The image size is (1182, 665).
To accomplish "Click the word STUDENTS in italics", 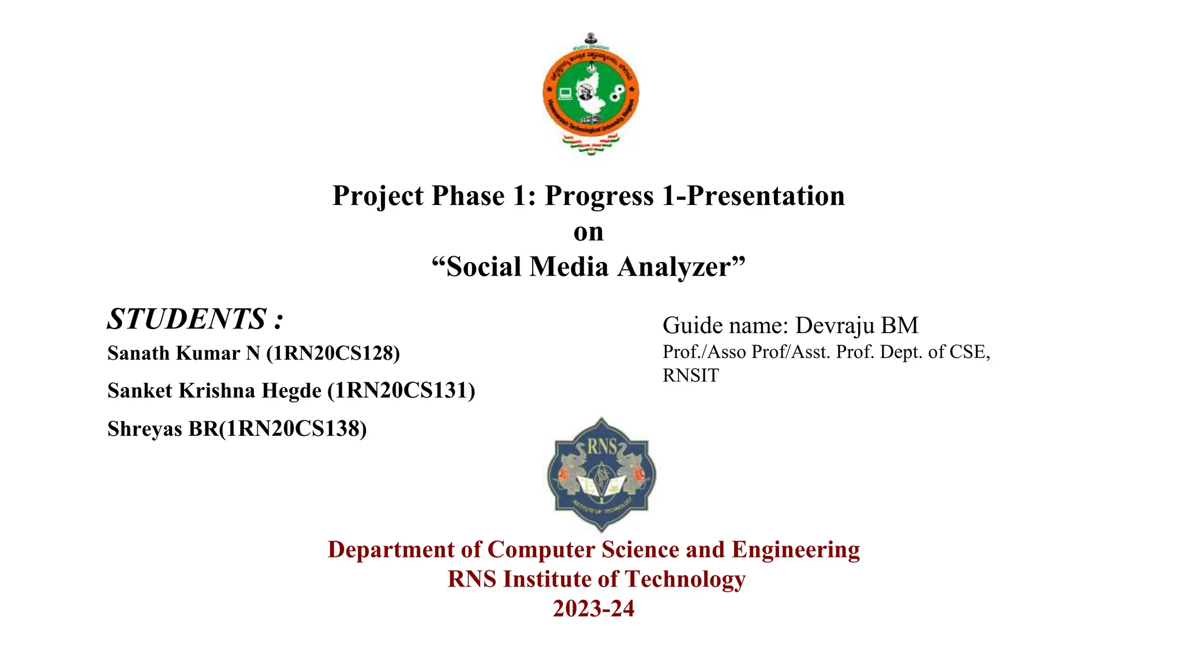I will pyautogui.click(x=186, y=319).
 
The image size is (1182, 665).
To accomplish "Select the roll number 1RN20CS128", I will pyautogui.click(x=333, y=353).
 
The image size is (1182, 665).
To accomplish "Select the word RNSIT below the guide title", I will pyautogui.click(x=690, y=376).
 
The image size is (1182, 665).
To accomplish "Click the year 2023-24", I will pyautogui.click(x=593, y=609).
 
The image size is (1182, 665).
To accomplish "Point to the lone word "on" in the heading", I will pyautogui.click(x=588, y=232).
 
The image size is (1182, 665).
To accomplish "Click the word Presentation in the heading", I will pyautogui.click(x=765, y=196).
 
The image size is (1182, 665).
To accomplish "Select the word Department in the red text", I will pyautogui.click(x=391, y=550).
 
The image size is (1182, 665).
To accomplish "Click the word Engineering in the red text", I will pyautogui.click(x=795, y=550).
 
